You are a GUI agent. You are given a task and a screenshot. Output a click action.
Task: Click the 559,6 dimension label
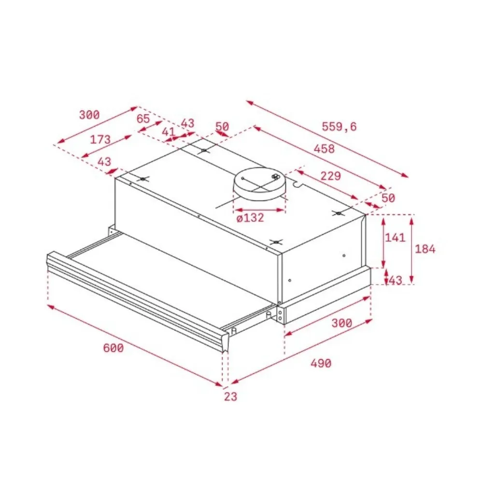point(339,126)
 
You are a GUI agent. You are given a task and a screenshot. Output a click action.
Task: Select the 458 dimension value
point(324,149)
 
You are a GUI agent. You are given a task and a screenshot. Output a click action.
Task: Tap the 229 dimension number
point(331,176)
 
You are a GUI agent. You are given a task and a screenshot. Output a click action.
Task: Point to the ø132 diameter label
point(250,218)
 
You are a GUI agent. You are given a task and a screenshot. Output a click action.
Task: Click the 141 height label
point(395,237)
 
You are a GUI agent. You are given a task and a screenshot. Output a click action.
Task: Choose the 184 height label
point(425,249)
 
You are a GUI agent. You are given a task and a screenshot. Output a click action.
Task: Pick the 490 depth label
point(321,364)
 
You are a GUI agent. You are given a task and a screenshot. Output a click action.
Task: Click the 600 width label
point(114,348)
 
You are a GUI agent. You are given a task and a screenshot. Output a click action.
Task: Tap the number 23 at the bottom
point(230,397)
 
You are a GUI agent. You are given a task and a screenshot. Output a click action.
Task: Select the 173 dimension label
point(100,140)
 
